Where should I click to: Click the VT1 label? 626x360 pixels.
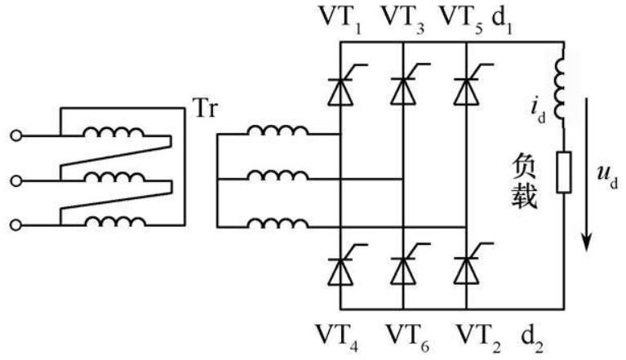coord(341,17)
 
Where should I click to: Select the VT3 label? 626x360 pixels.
coord(404,17)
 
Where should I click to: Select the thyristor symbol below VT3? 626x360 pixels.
coord(403,89)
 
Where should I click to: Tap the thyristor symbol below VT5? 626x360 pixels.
coord(466,89)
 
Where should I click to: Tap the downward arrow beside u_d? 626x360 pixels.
coord(585,180)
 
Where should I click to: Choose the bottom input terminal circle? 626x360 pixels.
coord(15,223)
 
